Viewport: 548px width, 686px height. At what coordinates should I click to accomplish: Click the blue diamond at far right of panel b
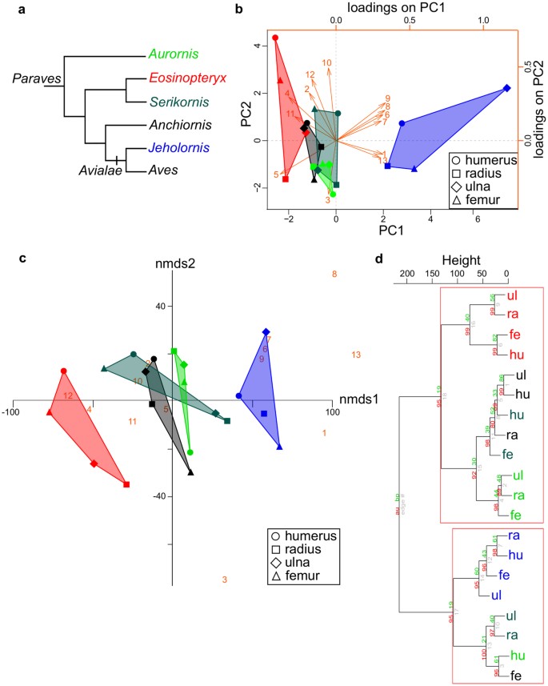point(506,89)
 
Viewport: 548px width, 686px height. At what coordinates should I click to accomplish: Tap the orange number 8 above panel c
point(334,275)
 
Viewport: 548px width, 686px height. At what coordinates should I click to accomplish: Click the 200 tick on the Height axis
point(406,276)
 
